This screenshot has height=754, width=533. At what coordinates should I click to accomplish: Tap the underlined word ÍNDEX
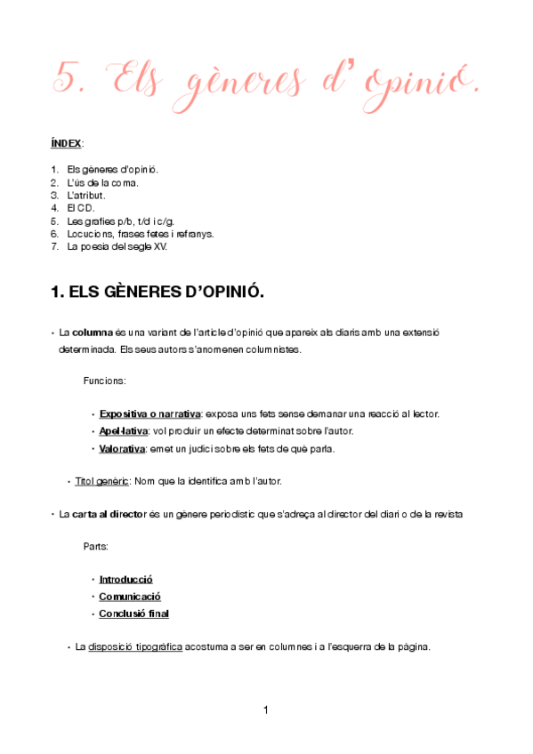click(x=65, y=142)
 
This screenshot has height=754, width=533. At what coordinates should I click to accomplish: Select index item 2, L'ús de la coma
click(x=102, y=182)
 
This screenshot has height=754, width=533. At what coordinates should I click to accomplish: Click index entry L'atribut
click(x=86, y=195)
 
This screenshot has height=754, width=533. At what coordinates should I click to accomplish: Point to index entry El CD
click(x=81, y=208)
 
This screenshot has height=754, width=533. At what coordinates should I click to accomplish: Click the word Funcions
click(x=104, y=381)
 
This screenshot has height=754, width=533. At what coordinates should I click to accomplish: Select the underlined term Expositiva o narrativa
click(x=149, y=414)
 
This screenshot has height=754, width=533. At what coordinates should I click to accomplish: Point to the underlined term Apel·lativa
click(x=124, y=431)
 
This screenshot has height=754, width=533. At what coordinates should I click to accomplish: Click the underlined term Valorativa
click(x=123, y=448)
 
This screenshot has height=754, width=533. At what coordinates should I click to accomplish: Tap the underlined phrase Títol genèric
click(x=102, y=481)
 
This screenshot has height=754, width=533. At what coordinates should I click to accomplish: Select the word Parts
click(x=96, y=546)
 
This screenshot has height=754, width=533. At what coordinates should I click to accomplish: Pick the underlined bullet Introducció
click(x=126, y=580)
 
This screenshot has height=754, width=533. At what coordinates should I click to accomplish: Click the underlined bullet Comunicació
click(x=130, y=597)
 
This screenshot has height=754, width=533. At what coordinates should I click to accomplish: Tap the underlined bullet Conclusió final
click(x=134, y=614)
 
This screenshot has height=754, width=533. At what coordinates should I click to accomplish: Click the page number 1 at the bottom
click(x=266, y=710)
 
